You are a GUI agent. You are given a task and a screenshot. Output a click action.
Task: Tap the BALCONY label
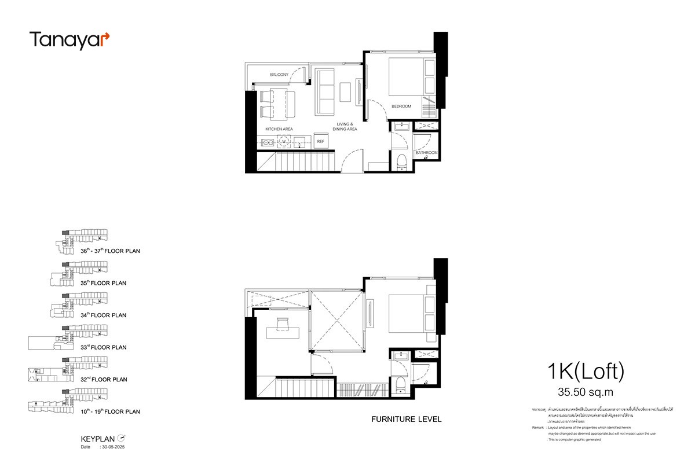click(279, 75)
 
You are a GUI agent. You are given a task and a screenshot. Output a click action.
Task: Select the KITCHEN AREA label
click(279, 128)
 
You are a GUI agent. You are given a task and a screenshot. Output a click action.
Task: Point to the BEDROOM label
click(401, 106)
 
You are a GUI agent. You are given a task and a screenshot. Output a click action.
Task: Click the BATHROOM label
click(426, 153)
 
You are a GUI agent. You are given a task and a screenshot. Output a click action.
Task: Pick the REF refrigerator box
click(320, 141)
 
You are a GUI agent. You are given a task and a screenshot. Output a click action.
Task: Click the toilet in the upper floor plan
click(401, 163)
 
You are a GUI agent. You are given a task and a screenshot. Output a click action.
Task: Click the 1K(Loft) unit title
click(586, 371)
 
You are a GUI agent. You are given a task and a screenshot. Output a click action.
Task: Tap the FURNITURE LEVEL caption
click(406, 419)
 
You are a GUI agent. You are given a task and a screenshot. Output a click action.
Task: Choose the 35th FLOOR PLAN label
click(104, 283)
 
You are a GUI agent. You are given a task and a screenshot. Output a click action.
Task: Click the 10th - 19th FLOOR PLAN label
click(110, 411)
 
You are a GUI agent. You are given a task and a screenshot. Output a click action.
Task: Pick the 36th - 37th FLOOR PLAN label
click(110, 251)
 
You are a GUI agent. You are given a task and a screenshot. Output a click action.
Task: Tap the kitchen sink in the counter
click(269, 141)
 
